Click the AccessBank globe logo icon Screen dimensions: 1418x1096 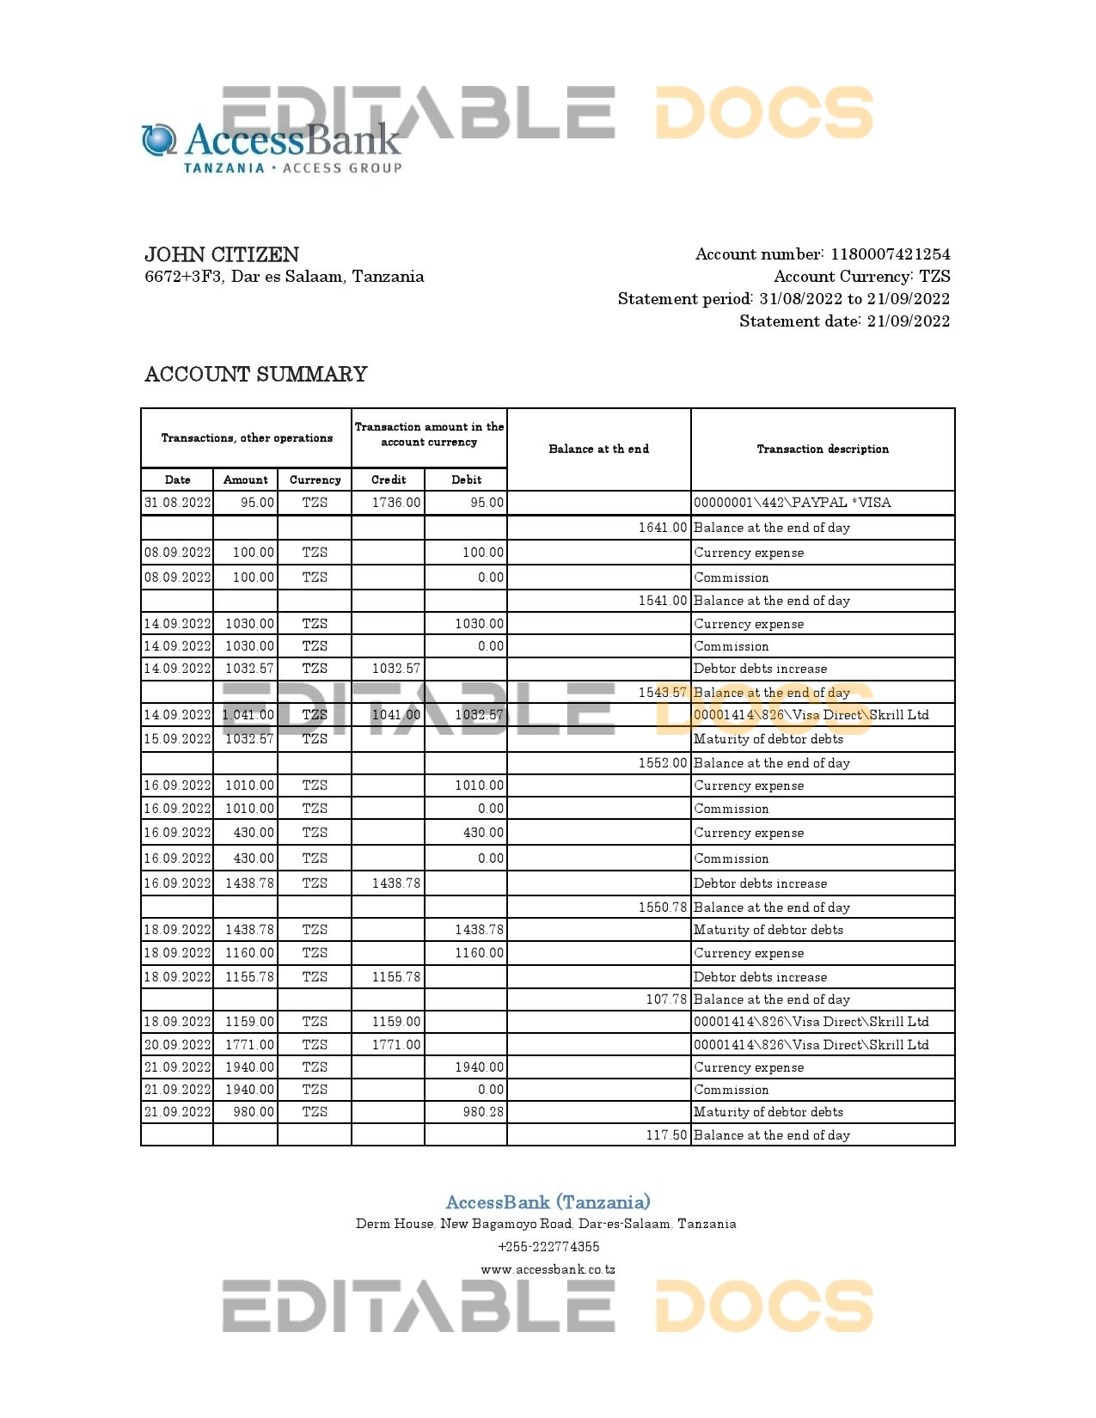point(159,140)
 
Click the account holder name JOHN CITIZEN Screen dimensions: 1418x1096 point(222,254)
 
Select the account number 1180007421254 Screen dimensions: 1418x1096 point(890,254)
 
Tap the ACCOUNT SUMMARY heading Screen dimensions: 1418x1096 point(256,375)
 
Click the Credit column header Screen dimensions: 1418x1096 point(389,480)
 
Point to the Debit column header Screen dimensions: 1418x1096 point(466,480)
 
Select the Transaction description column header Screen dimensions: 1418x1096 point(823,449)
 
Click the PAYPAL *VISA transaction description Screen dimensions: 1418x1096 point(793,503)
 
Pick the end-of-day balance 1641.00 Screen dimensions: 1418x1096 point(663,528)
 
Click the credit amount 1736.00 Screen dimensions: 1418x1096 point(396,503)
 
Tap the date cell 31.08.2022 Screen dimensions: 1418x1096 point(178,503)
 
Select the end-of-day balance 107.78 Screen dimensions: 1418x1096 point(666,999)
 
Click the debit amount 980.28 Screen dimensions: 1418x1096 point(483,1112)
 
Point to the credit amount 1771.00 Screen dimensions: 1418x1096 point(396,1045)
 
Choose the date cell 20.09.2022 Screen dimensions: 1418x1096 point(178,1045)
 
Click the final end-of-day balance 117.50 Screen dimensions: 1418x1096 point(666,1135)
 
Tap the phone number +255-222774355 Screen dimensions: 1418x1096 point(548,1246)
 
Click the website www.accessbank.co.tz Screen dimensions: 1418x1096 point(548,1269)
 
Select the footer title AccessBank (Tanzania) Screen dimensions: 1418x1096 point(548,1202)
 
